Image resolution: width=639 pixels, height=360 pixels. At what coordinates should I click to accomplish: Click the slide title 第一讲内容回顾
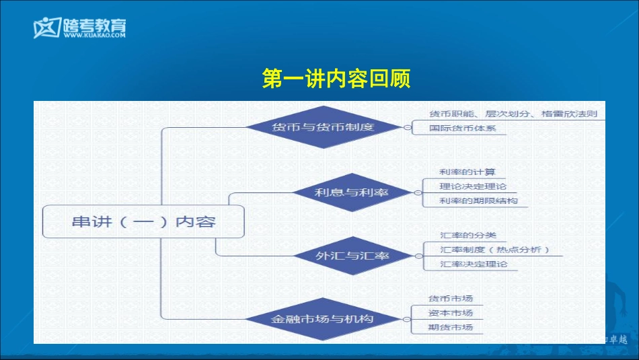336,79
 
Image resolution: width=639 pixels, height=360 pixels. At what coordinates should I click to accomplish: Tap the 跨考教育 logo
79,26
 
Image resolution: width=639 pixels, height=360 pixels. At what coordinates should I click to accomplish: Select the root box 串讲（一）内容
143,221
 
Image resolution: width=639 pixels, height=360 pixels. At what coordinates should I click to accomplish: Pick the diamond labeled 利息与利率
351,192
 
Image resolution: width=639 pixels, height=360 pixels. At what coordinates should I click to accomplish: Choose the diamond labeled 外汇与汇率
352,256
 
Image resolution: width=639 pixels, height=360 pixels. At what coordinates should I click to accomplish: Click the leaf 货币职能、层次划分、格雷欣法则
513,114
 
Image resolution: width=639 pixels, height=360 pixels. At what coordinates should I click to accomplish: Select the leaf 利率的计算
467,172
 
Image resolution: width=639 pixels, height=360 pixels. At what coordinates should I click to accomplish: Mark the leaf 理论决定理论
473,186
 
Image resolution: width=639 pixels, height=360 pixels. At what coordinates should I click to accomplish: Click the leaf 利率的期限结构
478,201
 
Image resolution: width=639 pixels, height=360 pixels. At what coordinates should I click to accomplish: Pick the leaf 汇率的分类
467,236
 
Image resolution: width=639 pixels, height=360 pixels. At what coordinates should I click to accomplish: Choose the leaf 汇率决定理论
473,264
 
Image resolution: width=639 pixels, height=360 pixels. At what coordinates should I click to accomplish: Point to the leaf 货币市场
451,298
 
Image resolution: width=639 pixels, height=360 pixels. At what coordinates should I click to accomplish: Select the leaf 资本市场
451,313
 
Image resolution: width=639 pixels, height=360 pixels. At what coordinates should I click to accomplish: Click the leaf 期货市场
451,328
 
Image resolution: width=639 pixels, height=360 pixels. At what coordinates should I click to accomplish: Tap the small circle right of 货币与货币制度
407,127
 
